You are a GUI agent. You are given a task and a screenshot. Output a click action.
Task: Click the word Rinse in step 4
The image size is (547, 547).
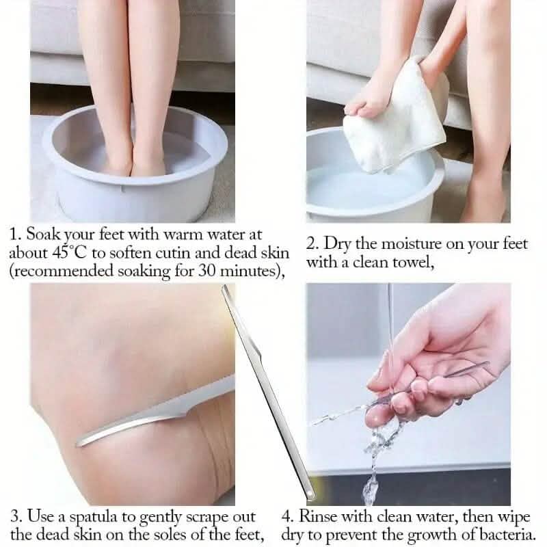coord(317,516)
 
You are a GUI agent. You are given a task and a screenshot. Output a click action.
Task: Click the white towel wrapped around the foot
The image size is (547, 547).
coord(394,118)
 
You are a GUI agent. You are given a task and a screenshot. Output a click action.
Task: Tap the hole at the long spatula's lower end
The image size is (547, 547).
coord(309,494)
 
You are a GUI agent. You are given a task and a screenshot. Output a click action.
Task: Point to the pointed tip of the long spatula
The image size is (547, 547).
coord(224,286)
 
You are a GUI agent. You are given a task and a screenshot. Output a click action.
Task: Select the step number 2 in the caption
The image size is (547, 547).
coord(310,243)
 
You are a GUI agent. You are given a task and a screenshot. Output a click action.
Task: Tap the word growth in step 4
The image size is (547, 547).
coord(433,535)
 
